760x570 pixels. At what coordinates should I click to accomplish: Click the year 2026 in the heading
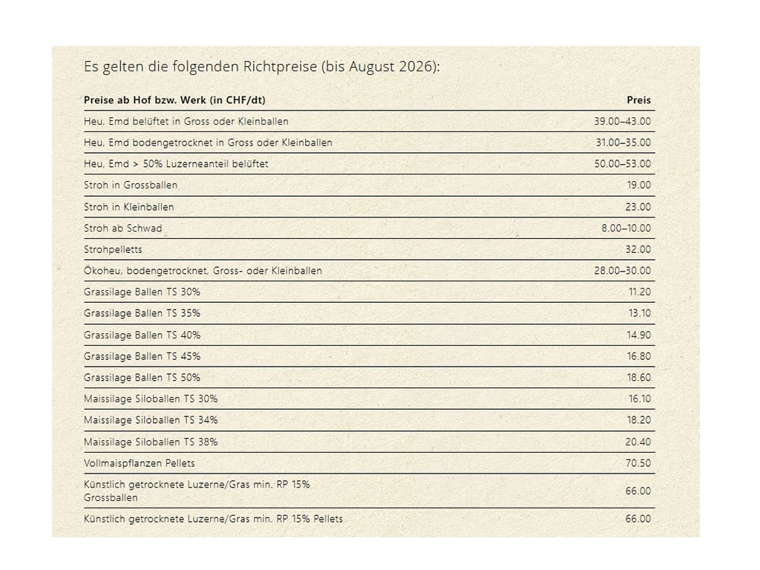click(x=416, y=66)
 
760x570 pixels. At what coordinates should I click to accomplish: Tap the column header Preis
click(x=639, y=100)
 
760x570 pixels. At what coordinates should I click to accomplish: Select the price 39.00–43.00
click(x=623, y=121)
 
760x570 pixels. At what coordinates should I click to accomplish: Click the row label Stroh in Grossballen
click(x=131, y=185)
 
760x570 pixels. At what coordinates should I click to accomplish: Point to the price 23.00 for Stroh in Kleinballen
click(x=638, y=207)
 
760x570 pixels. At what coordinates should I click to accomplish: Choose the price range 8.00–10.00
click(x=626, y=229)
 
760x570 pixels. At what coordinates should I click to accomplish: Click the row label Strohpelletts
click(x=113, y=249)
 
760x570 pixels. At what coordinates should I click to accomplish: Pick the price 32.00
click(x=638, y=249)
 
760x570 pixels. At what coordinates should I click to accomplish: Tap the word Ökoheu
click(x=102, y=271)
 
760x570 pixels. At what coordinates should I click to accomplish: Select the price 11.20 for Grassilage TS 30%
click(x=640, y=292)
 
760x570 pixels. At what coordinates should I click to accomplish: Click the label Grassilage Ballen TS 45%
click(x=142, y=356)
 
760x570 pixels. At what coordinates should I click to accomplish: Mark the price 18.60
click(x=639, y=378)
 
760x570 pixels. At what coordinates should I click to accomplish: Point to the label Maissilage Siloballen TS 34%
click(x=151, y=420)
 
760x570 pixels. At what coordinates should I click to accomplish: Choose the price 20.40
click(x=638, y=442)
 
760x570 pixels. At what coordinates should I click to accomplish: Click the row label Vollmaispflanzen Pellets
click(x=139, y=463)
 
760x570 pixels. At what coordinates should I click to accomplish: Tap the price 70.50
click(x=638, y=463)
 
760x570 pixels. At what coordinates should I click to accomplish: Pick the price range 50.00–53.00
click(x=623, y=164)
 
